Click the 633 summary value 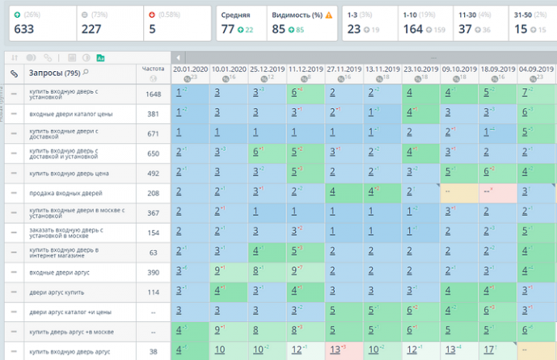tap(24, 29)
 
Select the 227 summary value tap(91, 29)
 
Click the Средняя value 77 tap(227, 29)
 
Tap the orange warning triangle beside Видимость tap(329, 15)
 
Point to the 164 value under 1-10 tap(413, 29)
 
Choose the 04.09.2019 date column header tap(535, 69)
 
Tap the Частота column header tap(153, 68)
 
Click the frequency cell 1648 tap(153, 94)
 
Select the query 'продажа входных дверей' tap(66, 192)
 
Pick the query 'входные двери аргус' tap(61, 273)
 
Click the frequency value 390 tap(153, 273)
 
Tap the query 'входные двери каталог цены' tap(70, 113)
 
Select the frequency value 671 tap(153, 133)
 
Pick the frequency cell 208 tap(153, 192)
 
